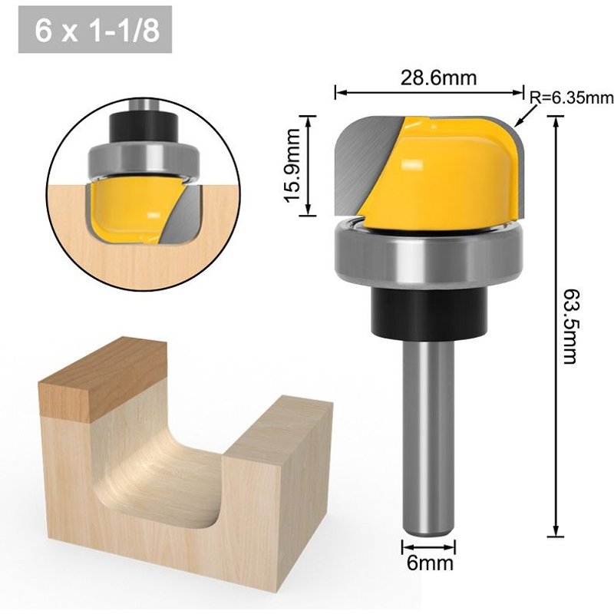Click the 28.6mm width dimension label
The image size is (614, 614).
[x=427, y=78]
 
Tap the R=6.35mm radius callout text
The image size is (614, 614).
[x=573, y=97]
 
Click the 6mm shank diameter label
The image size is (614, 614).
[x=428, y=564]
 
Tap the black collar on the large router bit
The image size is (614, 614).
[x=427, y=311]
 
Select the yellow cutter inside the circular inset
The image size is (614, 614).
[x=127, y=207]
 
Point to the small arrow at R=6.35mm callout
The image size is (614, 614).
[x=522, y=117]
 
